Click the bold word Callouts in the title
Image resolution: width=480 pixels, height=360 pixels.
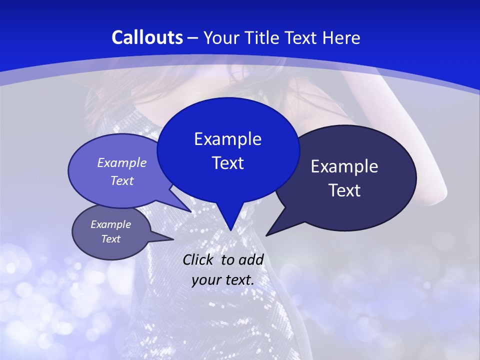pos(147,37)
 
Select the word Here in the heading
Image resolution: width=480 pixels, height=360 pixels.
pos(340,37)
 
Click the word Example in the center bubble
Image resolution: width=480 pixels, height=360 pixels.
pos(227,139)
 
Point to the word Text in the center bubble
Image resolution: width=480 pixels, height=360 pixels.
pos(227,163)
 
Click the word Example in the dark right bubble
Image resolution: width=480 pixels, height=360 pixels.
pos(344,166)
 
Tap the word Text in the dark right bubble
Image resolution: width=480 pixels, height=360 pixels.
pos(344,190)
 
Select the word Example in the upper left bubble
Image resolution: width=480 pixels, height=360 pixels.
pos(121,162)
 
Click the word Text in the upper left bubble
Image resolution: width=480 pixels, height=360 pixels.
pos(121,180)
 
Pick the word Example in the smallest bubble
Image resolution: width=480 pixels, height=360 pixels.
pos(110,224)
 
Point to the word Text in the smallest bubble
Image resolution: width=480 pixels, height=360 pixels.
pos(110,239)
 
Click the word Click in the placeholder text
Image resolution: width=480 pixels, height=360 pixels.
pos(198,259)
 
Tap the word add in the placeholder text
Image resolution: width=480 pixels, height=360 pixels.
pos(251,259)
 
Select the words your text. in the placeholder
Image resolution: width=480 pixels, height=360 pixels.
pos(222,280)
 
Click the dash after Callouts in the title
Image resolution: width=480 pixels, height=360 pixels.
pos(193,37)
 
